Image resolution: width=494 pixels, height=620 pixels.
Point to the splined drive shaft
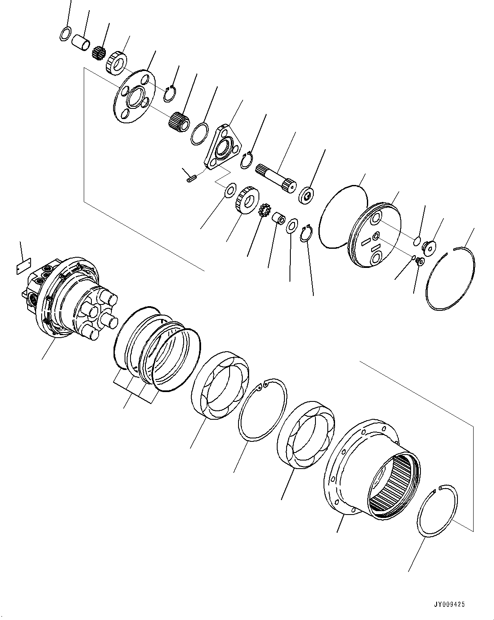click(276, 178)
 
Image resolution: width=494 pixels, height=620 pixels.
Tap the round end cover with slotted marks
click(374, 236)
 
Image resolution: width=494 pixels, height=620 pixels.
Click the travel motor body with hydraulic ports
click(64, 298)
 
